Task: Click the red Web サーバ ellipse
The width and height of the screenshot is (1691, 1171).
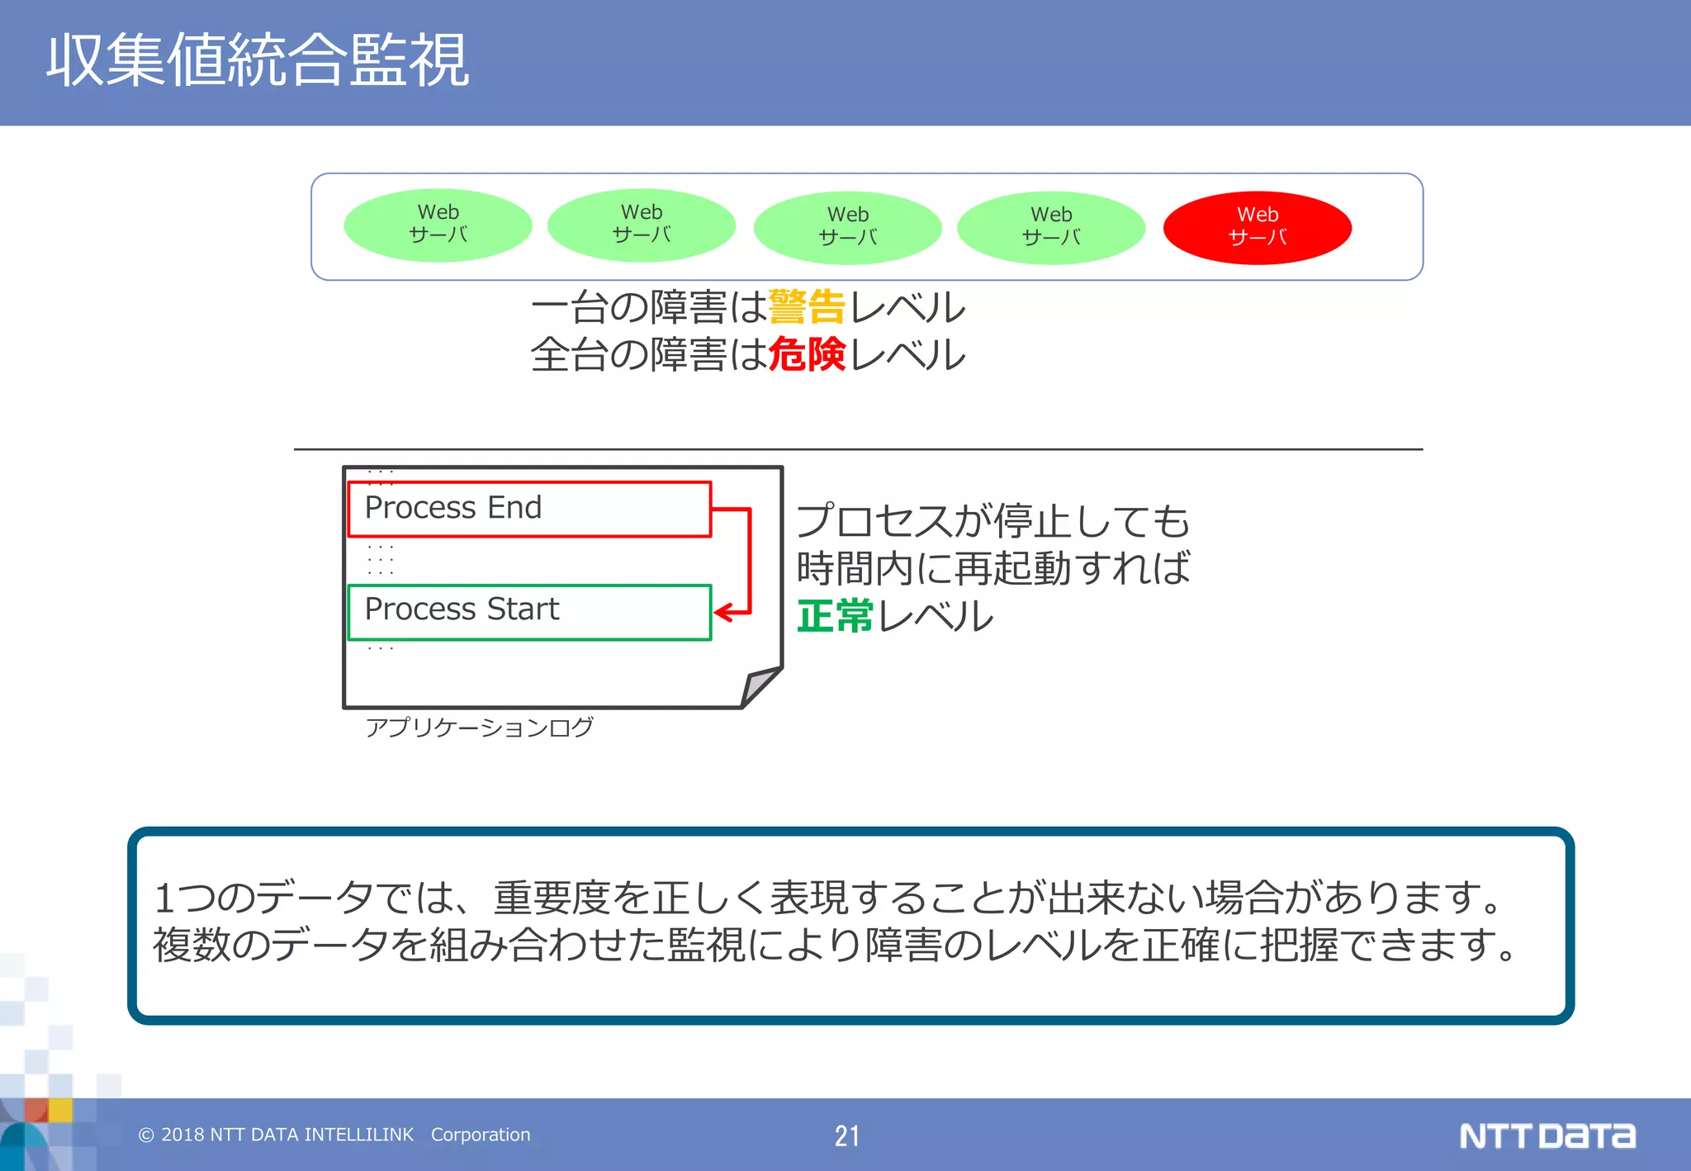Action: tap(1257, 227)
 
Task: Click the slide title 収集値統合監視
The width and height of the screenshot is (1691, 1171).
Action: tap(257, 60)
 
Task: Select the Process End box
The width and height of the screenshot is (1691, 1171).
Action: tap(528, 509)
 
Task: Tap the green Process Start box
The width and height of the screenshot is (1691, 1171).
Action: tap(528, 611)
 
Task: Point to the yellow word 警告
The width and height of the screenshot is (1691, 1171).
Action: tap(806, 307)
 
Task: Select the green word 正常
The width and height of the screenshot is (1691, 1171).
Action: tap(834, 616)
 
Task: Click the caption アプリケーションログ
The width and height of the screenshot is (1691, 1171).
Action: tap(479, 727)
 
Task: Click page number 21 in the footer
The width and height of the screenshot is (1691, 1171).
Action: tap(846, 1135)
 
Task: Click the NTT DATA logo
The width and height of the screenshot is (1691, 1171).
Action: tap(1547, 1135)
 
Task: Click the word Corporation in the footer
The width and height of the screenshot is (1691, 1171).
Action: tap(481, 1135)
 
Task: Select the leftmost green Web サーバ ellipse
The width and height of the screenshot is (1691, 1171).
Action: tap(438, 225)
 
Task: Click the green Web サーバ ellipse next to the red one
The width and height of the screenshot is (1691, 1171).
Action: tap(1050, 227)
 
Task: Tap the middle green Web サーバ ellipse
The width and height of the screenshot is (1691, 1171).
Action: tap(847, 227)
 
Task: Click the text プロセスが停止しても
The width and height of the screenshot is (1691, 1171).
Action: tap(992, 521)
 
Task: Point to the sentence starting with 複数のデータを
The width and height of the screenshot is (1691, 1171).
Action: tap(834, 944)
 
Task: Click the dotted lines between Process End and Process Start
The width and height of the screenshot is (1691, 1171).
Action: tap(381, 560)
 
